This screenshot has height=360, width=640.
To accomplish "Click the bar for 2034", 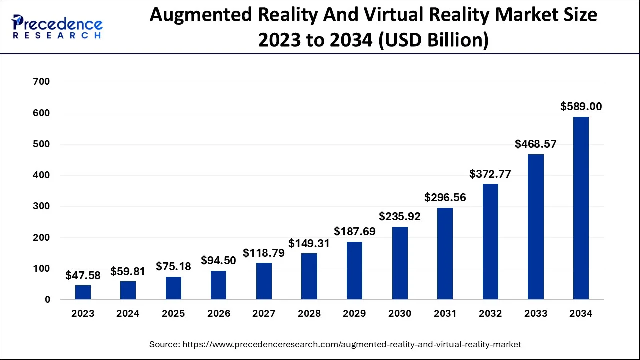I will point(581,208).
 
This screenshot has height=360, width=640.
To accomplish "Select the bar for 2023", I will point(83,292).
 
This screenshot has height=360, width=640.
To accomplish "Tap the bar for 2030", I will point(400,263).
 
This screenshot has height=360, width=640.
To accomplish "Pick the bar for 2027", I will point(264,281).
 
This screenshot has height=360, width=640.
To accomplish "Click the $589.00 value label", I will point(581,106).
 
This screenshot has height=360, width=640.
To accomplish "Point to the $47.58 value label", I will point(83,276).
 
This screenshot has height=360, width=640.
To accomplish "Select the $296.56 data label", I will point(445,197).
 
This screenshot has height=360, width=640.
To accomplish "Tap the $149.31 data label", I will point(309,243).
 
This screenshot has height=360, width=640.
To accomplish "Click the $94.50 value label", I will point(219,260).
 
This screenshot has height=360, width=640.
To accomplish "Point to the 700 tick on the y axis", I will point(41,82).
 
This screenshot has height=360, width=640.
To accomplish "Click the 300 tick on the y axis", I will point(41,206).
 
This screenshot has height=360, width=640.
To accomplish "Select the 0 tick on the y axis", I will point(47,300).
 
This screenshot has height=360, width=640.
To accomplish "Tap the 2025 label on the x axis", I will point(173,314).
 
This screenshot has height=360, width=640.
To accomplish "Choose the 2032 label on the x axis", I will point(490,314).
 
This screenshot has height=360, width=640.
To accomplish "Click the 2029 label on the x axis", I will point(354,314).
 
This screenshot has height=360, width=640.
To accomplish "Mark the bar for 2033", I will point(536,227).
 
